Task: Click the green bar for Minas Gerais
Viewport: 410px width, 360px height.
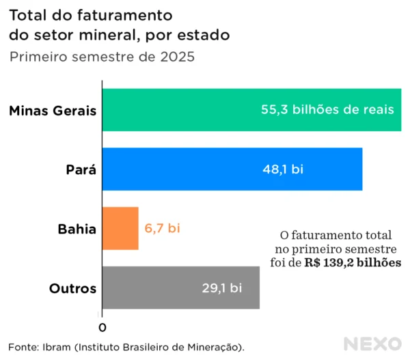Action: coord(178,109)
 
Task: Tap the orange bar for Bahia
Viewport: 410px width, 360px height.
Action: coord(120,228)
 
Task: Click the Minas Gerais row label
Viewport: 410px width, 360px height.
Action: coord(53,110)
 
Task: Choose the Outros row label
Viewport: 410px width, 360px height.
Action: coord(73,288)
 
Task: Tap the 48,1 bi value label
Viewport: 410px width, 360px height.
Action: coord(283,169)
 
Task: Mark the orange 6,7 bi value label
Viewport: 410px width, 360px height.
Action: coord(162,228)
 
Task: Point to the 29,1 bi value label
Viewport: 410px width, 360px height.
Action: coord(221,288)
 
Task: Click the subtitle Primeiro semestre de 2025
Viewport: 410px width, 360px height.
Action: coord(102,57)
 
